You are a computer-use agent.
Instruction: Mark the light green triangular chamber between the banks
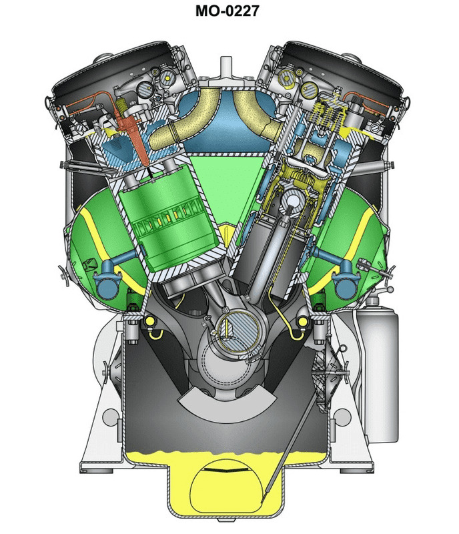point(227,180)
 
